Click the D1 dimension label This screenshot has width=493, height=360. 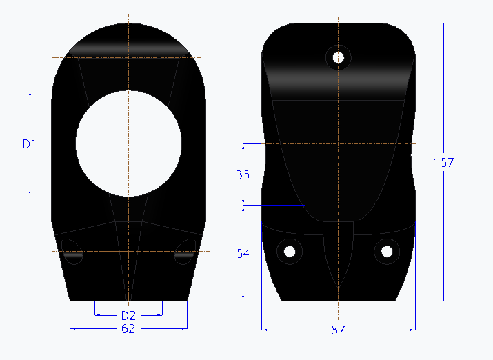click(29, 144)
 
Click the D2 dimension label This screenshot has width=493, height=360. click(128, 316)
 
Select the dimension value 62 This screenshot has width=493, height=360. click(128, 329)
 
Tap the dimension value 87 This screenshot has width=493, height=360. click(338, 330)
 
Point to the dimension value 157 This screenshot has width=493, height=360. click(443, 163)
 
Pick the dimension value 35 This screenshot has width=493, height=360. click(243, 175)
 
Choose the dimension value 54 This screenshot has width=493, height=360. click(243, 254)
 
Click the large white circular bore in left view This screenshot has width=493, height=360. click(128, 143)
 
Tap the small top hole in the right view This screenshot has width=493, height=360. click(339, 57)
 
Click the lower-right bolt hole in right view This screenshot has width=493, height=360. click(387, 250)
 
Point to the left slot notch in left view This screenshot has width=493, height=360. click(71, 251)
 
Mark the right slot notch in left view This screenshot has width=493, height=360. click(185, 251)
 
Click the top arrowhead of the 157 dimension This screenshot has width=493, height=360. click(443, 26)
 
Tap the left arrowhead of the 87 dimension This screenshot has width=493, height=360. click(265, 330)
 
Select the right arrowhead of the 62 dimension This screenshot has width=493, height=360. click(184, 328)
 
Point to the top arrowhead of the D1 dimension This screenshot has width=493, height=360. click(30, 93)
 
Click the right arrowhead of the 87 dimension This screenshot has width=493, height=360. click(412, 330)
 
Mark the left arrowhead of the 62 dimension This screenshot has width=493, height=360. click(73, 328)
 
